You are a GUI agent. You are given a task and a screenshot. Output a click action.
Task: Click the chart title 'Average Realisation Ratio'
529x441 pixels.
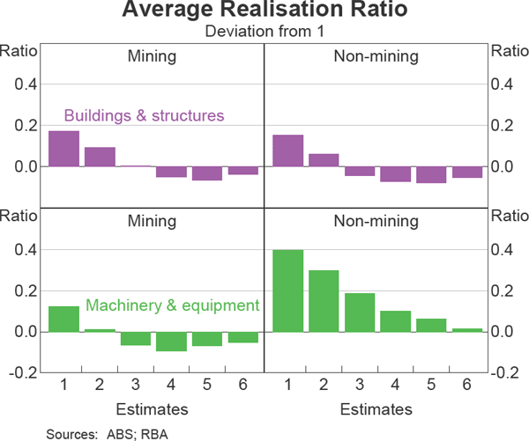(x=264, y=11)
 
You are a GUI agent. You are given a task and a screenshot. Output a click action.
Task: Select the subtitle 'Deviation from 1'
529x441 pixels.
(x=264, y=32)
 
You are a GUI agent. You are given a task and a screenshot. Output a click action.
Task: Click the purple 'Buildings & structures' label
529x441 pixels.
(x=144, y=115)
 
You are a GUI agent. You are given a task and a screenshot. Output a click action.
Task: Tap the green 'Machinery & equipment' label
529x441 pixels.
(x=172, y=305)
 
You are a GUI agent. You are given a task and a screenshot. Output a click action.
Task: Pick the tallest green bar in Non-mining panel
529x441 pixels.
(x=288, y=290)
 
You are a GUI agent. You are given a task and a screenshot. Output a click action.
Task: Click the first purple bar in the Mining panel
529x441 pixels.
(x=63, y=149)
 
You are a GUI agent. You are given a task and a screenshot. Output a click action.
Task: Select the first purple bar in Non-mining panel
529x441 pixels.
(x=288, y=151)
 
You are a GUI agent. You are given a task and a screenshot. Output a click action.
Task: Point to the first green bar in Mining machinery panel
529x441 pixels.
(x=63, y=319)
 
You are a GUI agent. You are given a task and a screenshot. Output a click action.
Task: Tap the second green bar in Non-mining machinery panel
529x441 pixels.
(x=324, y=301)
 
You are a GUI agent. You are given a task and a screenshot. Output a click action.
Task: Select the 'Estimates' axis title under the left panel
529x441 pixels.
(x=152, y=408)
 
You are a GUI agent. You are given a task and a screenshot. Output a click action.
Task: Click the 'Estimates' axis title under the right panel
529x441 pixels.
(x=376, y=408)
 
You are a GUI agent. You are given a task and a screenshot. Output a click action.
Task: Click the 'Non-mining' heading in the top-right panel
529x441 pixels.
(x=376, y=57)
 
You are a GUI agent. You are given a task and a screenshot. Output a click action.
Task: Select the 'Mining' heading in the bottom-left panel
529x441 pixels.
(x=152, y=221)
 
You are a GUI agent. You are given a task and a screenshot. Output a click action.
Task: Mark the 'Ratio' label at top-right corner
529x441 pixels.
(x=509, y=50)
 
